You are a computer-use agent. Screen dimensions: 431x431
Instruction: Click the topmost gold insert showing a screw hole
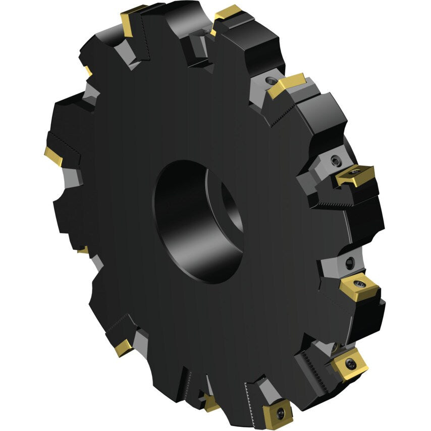(355, 176)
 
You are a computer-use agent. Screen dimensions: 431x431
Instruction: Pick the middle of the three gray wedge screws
(336, 161)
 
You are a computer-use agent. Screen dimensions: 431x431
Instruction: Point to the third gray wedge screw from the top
(350, 262)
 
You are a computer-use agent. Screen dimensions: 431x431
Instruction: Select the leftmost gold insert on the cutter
(53, 156)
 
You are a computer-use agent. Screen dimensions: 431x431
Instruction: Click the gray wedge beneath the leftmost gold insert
(73, 177)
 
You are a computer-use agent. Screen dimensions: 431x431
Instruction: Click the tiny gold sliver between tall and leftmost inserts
(89, 71)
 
